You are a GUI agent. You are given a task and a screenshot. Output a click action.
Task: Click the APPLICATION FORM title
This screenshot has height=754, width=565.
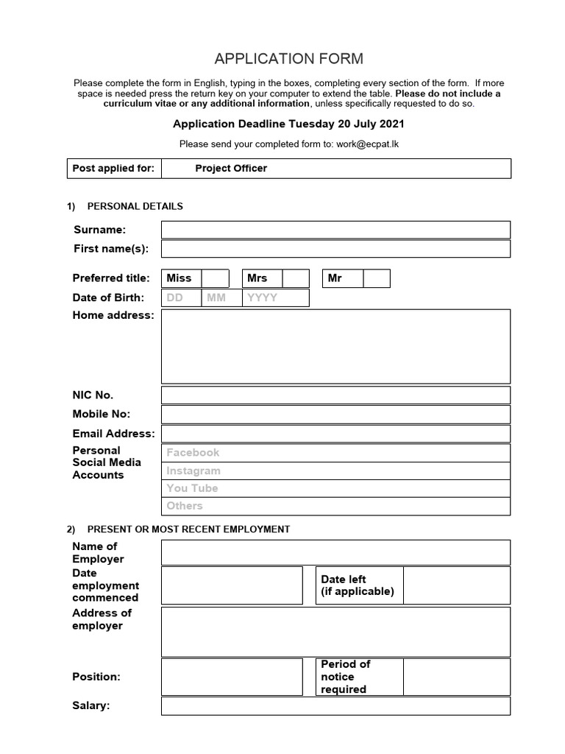click(x=288, y=59)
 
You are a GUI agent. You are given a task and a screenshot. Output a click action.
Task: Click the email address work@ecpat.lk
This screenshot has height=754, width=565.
click(x=368, y=144)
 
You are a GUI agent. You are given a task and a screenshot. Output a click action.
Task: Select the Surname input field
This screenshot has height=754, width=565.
click(x=335, y=230)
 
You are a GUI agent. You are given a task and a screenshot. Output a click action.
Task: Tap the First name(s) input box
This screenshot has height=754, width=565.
click(x=335, y=249)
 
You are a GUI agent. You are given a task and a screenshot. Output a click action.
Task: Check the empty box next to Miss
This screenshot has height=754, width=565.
click(x=216, y=278)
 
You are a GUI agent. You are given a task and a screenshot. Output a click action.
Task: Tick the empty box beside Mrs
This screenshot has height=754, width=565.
click(x=296, y=278)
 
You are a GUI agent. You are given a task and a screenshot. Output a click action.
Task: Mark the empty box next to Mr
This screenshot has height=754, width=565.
click(x=377, y=278)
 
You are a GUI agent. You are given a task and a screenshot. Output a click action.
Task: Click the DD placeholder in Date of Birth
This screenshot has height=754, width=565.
click(x=175, y=298)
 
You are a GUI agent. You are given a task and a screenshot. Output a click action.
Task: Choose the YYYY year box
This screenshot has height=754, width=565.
click(x=276, y=298)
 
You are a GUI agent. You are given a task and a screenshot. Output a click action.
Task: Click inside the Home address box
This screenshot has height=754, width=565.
click(x=335, y=346)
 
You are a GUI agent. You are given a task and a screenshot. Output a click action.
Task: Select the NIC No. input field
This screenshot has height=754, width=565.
click(x=335, y=395)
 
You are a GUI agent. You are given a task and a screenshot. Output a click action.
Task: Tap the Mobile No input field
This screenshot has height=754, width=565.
click(x=335, y=415)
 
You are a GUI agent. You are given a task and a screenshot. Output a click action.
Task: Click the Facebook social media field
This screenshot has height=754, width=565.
click(x=335, y=453)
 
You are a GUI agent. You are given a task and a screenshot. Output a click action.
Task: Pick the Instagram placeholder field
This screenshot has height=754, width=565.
click(x=335, y=471)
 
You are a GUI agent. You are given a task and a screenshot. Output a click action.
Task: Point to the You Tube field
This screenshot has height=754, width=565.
click(x=335, y=488)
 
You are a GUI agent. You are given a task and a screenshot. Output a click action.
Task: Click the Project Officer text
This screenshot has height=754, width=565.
click(x=231, y=169)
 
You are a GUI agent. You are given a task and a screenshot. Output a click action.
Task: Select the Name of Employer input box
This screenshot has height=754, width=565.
click(x=335, y=552)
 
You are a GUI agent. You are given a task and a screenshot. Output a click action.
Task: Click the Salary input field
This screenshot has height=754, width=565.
click(x=335, y=706)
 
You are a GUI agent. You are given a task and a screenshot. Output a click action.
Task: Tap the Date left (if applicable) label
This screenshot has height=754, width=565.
click(x=358, y=585)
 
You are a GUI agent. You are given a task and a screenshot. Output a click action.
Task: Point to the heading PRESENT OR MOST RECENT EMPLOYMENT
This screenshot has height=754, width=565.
click(x=188, y=529)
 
